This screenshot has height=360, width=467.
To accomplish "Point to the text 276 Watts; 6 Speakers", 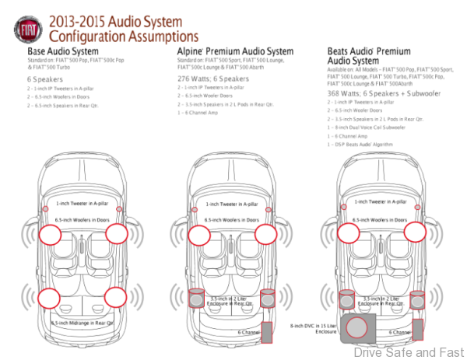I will pyautogui.click(x=213, y=79).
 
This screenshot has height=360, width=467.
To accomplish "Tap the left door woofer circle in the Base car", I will pyautogui.click(x=49, y=232).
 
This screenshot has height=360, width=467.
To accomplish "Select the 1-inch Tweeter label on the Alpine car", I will pyautogui.click(x=235, y=203).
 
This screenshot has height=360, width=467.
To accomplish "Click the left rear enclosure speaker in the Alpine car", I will pyautogui.click(x=199, y=297).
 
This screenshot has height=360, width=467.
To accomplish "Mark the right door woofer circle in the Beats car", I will pyautogui.click(x=416, y=232).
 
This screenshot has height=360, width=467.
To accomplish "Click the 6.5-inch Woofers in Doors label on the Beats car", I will pyautogui.click(x=380, y=221).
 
